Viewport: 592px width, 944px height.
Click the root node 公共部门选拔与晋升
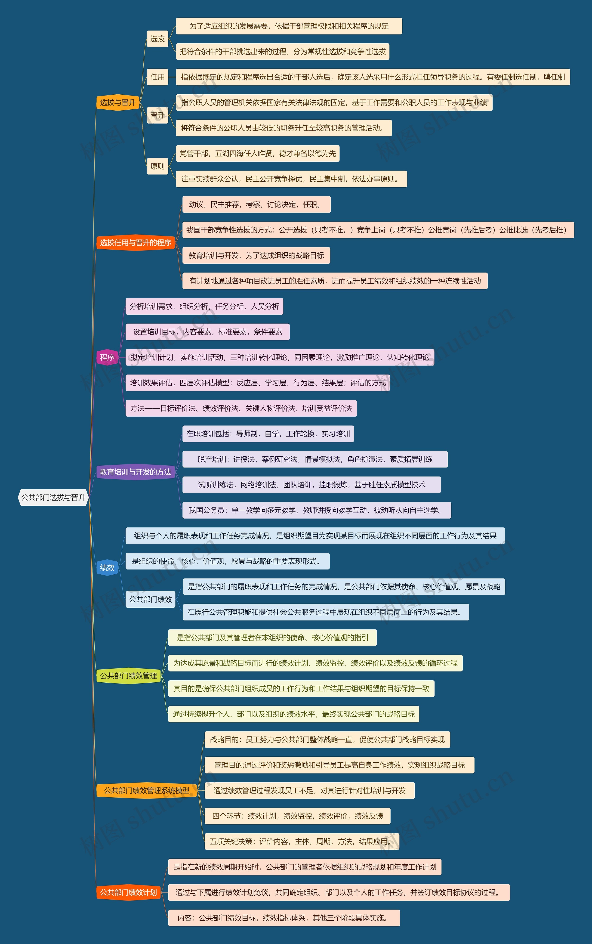coord(53,497)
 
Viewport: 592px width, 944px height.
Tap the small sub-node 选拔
coord(157,39)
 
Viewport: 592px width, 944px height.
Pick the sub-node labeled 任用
coord(157,77)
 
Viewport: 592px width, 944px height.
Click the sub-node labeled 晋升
coord(157,115)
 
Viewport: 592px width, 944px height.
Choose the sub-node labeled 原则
coord(157,166)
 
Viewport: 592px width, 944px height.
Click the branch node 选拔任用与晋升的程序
coord(136,243)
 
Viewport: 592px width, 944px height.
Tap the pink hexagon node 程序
coord(107,357)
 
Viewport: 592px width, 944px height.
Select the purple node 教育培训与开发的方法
coord(136,472)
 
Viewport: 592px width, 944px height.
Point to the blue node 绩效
coord(107,567)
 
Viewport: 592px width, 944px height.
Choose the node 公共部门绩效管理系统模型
coord(146,790)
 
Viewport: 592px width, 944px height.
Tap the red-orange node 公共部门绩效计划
coord(128,892)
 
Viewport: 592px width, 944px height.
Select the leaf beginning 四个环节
coord(298,816)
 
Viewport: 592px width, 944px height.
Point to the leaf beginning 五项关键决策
coord(302,842)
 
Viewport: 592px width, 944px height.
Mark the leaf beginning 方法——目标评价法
coord(241,408)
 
